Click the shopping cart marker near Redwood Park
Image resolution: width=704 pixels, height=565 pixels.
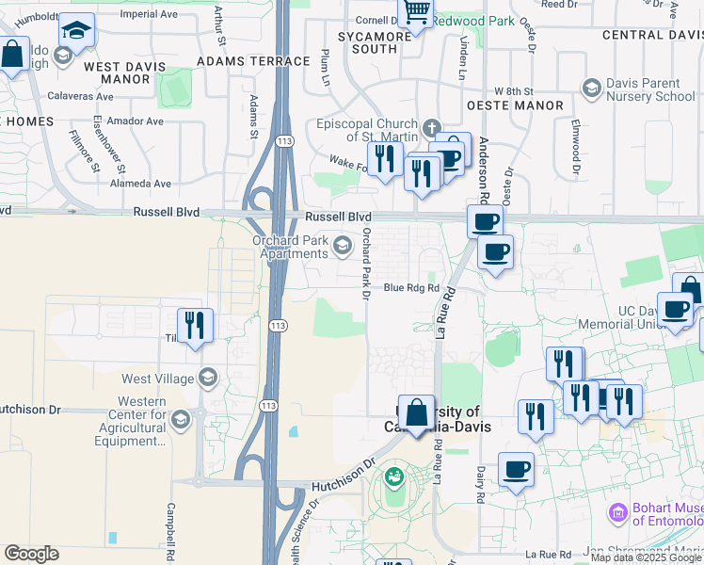[415, 12]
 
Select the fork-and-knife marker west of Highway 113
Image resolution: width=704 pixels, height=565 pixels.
[195, 326]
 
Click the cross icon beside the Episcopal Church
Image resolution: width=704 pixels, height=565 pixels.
[432, 127]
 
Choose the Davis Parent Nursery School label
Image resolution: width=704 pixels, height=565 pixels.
[650, 89]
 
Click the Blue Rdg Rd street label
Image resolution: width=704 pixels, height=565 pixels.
[411, 288]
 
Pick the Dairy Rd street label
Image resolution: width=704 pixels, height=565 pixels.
[480, 482]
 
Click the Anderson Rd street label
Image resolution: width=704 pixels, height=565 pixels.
[484, 170]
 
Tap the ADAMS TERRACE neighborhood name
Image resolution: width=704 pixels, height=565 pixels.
[253, 61]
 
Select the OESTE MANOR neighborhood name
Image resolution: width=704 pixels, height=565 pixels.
[520, 106]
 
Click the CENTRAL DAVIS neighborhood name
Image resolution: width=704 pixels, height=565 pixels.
[651, 35]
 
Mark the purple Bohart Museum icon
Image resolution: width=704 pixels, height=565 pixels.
[618, 513]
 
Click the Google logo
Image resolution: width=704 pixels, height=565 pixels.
[31, 554]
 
